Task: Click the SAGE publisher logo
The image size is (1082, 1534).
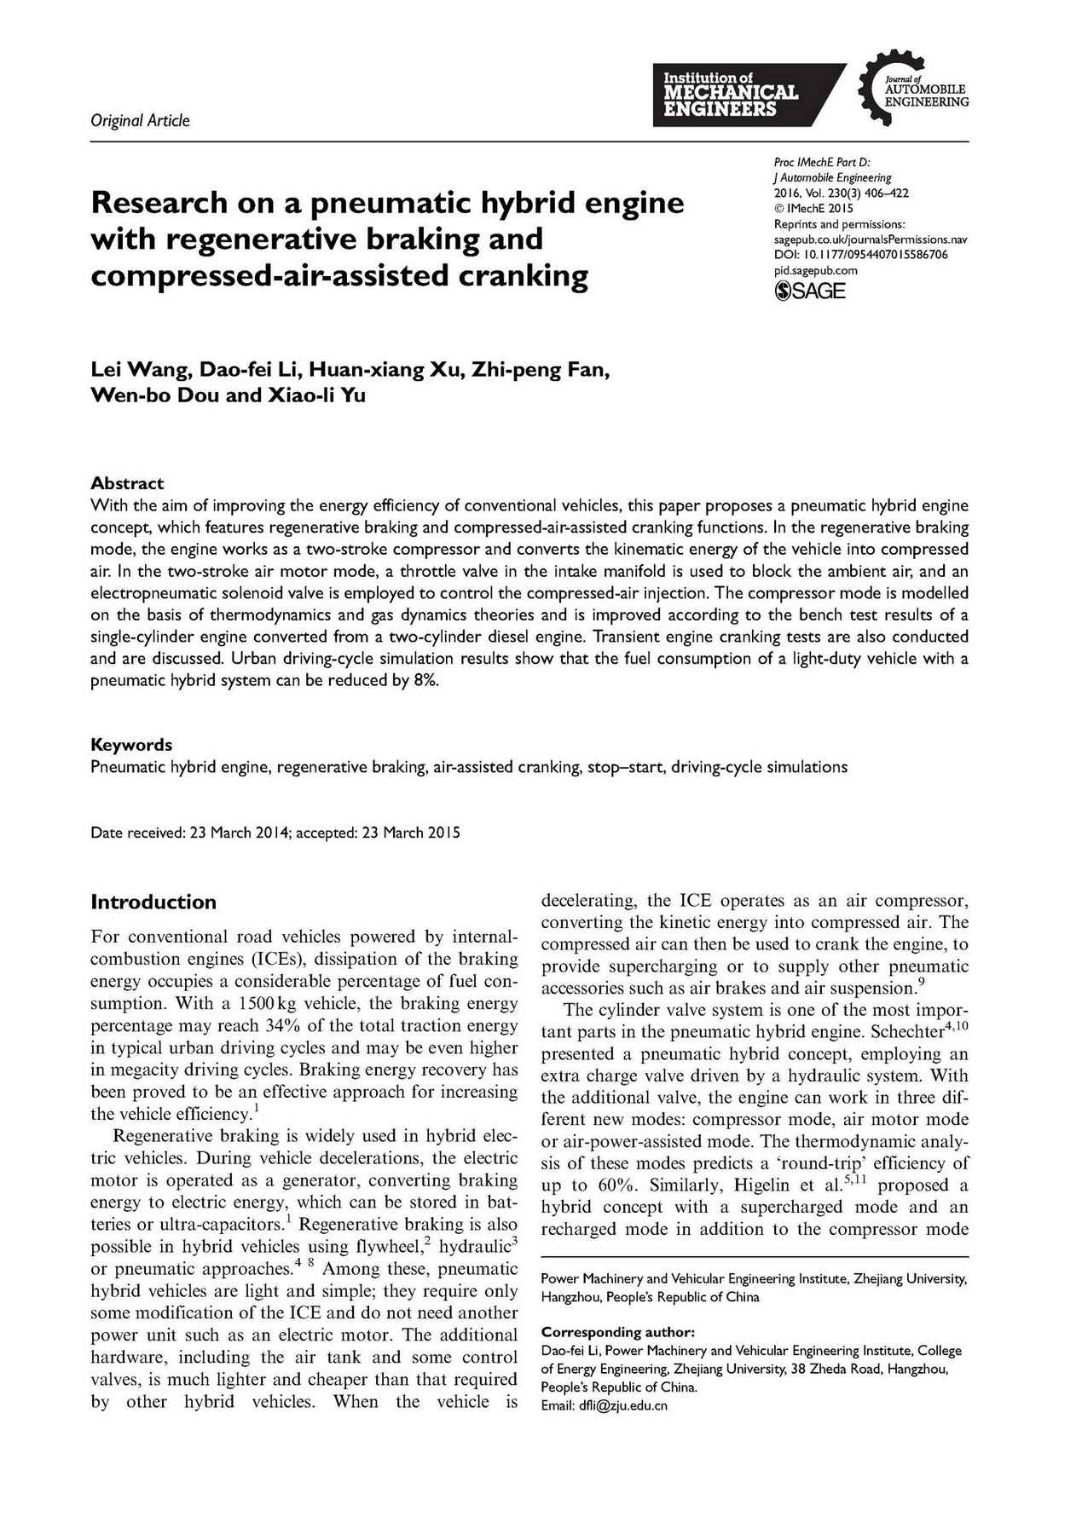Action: pos(809,291)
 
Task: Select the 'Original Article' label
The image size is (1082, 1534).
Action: pos(140,120)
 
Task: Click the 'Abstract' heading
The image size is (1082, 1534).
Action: pos(127,483)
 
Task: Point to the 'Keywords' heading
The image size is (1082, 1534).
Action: pos(131,745)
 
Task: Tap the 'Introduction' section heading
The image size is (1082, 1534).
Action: pos(153,902)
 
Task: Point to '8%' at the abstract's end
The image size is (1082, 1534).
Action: pos(425,681)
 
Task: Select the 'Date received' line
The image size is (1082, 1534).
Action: pos(275,833)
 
